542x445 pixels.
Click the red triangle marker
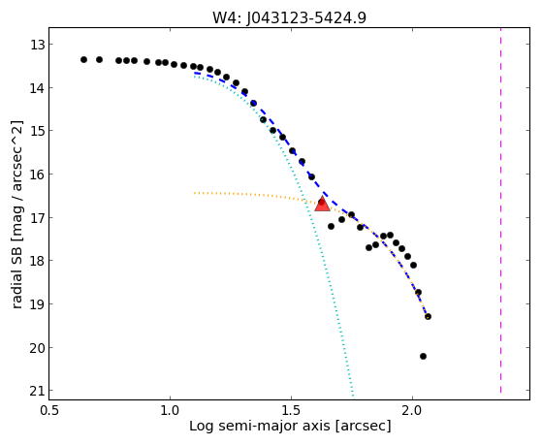click(x=322, y=204)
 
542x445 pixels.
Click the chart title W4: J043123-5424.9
click(x=289, y=17)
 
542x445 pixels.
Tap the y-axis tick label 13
click(x=37, y=45)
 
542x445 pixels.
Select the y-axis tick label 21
click(x=37, y=391)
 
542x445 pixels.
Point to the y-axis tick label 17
click(x=37, y=218)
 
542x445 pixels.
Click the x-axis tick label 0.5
click(x=49, y=411)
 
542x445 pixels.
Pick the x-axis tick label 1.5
click(x=292, y=411)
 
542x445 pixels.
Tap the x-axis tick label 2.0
click(x=413, y=411)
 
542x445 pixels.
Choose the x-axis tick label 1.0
click(x=170, y=411)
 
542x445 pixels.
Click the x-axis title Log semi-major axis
click(x=260, y=427)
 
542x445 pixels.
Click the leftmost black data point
click(x=83, y=59)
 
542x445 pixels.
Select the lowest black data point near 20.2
click(x=423, y=356)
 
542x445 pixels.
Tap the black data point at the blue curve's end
click(x=428, y=316)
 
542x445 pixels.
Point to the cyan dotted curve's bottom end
click(x=353, y=397)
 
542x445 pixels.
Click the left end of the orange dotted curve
click(x=195, y=193)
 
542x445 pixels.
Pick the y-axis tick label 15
click(x=37, y=131)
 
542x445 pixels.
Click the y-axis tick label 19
click(x=37, y=304)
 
